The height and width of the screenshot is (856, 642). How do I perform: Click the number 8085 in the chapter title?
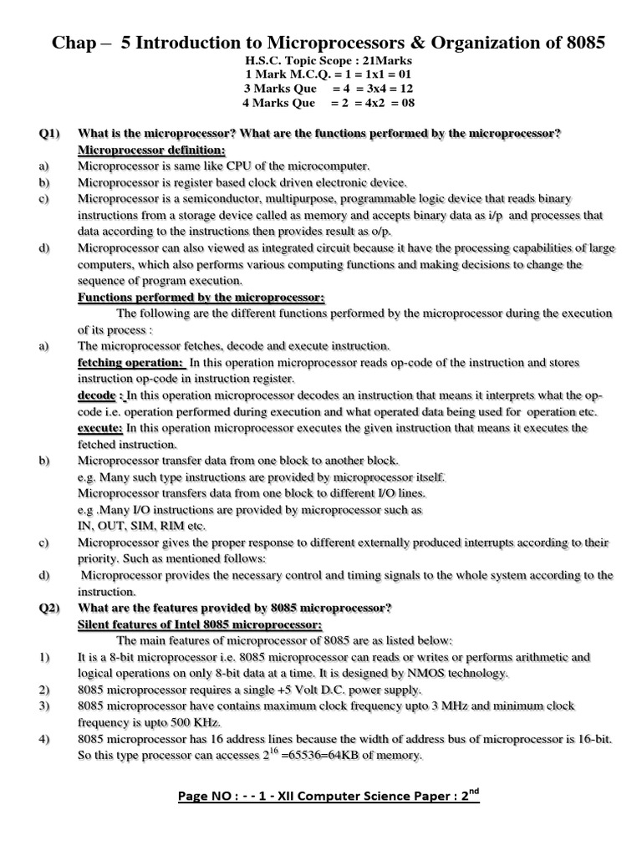pos(576,42)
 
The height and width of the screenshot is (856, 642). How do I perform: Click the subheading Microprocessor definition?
pos(151,150)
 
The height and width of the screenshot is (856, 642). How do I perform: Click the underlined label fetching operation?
pos(130,362)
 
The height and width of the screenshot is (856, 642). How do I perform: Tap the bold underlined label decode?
pos(97,395)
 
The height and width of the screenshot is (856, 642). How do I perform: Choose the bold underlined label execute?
pos(100,428)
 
